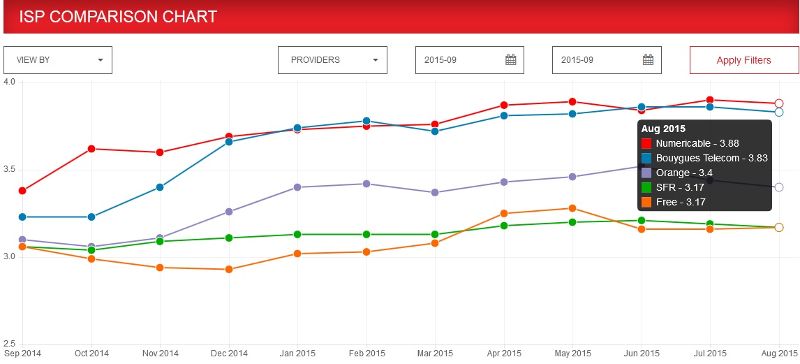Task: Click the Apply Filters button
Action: [743, 60]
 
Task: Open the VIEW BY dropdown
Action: [58, 60]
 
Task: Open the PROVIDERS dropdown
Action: [332, 60]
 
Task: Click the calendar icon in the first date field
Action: [510, 60]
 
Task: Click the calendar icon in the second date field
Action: [648, 60]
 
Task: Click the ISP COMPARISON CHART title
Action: [118, 17]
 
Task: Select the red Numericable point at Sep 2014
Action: [22, 191]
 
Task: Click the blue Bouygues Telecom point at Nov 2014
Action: [160, 187]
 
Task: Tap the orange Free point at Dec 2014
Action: [228, 269]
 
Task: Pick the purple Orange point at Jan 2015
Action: [297, 187]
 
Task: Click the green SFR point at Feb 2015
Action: [366, 234]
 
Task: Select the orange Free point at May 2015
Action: [572, 208]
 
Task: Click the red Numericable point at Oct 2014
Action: [91, 149]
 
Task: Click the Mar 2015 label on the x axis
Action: [435, 354]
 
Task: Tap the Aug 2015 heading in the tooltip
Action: [663, 129]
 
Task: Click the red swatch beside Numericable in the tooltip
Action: [646, 143]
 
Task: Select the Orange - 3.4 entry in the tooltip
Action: [684, 173]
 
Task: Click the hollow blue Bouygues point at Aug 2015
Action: [779, 112]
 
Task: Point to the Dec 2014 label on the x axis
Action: [228, 354]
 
